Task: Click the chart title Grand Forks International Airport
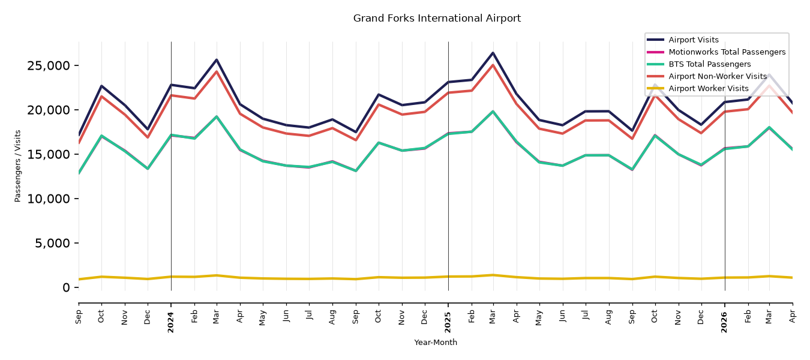pos(437,18)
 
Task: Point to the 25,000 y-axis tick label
pos(48,66)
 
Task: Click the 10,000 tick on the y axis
pos(48,199)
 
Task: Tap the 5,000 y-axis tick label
pos(52,243)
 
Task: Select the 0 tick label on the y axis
pos(66,288)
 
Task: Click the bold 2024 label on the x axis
pos(170,322)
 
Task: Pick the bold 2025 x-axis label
pos(448,322)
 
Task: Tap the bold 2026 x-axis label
pos(724,322)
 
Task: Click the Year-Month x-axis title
pos(436,342)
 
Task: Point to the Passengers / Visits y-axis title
pos(18,166)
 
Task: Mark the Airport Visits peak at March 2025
pos(493,53)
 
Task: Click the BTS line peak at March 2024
pos(217,116)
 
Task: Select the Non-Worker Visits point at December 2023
pos(148,137)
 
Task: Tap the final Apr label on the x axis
pos(793,316)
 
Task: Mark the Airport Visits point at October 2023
pos(101,86)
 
